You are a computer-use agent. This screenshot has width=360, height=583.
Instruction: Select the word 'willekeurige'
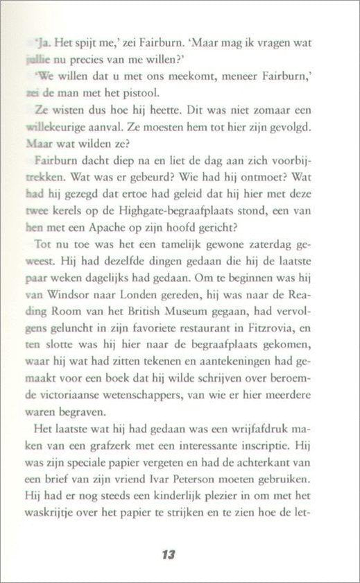pos(55,128)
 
